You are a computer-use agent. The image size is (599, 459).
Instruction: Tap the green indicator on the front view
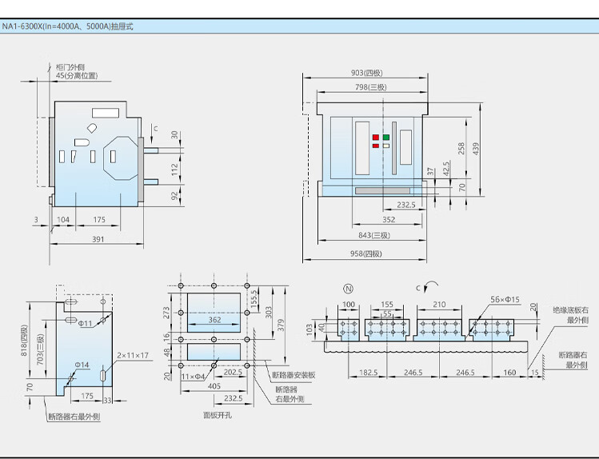click(x=386, y=137)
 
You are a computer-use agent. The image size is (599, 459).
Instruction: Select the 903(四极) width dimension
click(x=367, y=73)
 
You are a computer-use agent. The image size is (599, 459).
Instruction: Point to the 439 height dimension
click(x=476, y=149)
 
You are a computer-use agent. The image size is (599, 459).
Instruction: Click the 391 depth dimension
click(x=98, y=239)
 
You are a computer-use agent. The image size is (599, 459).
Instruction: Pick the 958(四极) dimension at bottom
click(x=366, y=253)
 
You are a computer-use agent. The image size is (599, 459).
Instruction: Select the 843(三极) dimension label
click(x=374, y=235)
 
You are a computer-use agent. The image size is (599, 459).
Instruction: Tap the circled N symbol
click(x=349, y=289)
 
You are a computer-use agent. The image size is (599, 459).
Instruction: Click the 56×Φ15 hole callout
click(x=505, y=299)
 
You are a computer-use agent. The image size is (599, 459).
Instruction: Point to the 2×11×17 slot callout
click(x=133, y=355)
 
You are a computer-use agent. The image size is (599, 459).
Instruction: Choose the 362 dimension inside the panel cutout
click(x=214, y=320)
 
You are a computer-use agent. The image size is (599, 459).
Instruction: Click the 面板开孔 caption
click(x=218, y=415)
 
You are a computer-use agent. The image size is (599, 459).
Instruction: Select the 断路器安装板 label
click(x=294, y=375)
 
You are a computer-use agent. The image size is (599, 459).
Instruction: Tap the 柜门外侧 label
click(x=70, y=67)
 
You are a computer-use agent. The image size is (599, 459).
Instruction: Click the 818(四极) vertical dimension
click(x=24, y=341)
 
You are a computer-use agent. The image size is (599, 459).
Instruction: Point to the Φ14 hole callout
click(x=82, y=365)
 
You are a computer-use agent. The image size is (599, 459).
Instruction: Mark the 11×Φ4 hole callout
click(x=193, y=377)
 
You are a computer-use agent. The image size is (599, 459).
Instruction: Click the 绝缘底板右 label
click(x=570, y=310)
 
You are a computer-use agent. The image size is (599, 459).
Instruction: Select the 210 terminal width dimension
click(x=439, y=305)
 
